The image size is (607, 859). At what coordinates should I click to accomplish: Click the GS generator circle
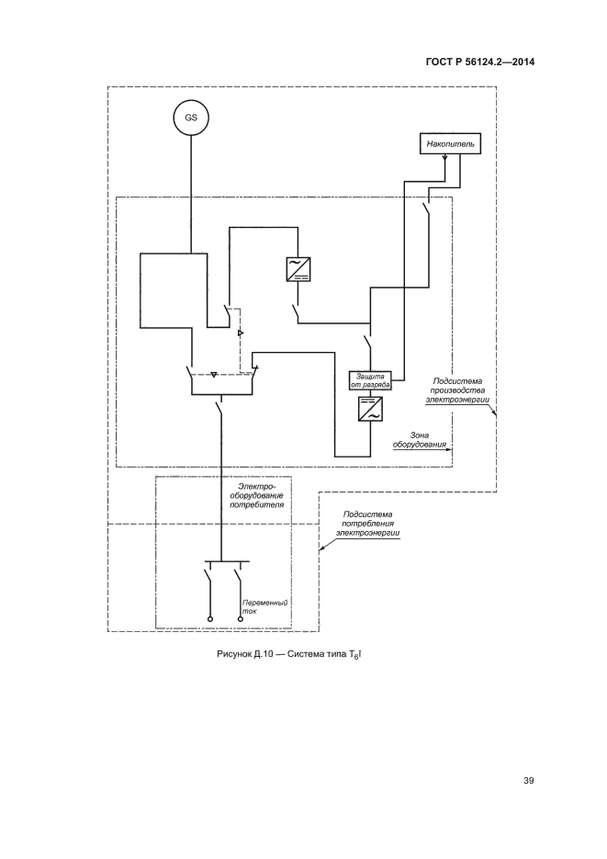191,118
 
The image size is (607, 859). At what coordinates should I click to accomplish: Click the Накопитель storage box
449,144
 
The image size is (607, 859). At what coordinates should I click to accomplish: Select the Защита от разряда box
371,379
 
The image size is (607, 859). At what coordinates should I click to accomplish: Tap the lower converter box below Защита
371,410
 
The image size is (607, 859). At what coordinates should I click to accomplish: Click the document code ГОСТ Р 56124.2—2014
480,62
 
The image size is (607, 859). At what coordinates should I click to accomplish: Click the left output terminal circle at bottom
209,620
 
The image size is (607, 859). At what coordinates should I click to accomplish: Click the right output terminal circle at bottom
241,620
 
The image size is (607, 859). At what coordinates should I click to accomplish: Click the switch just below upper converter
298,312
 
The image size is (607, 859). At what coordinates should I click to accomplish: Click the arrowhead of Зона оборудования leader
455,448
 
